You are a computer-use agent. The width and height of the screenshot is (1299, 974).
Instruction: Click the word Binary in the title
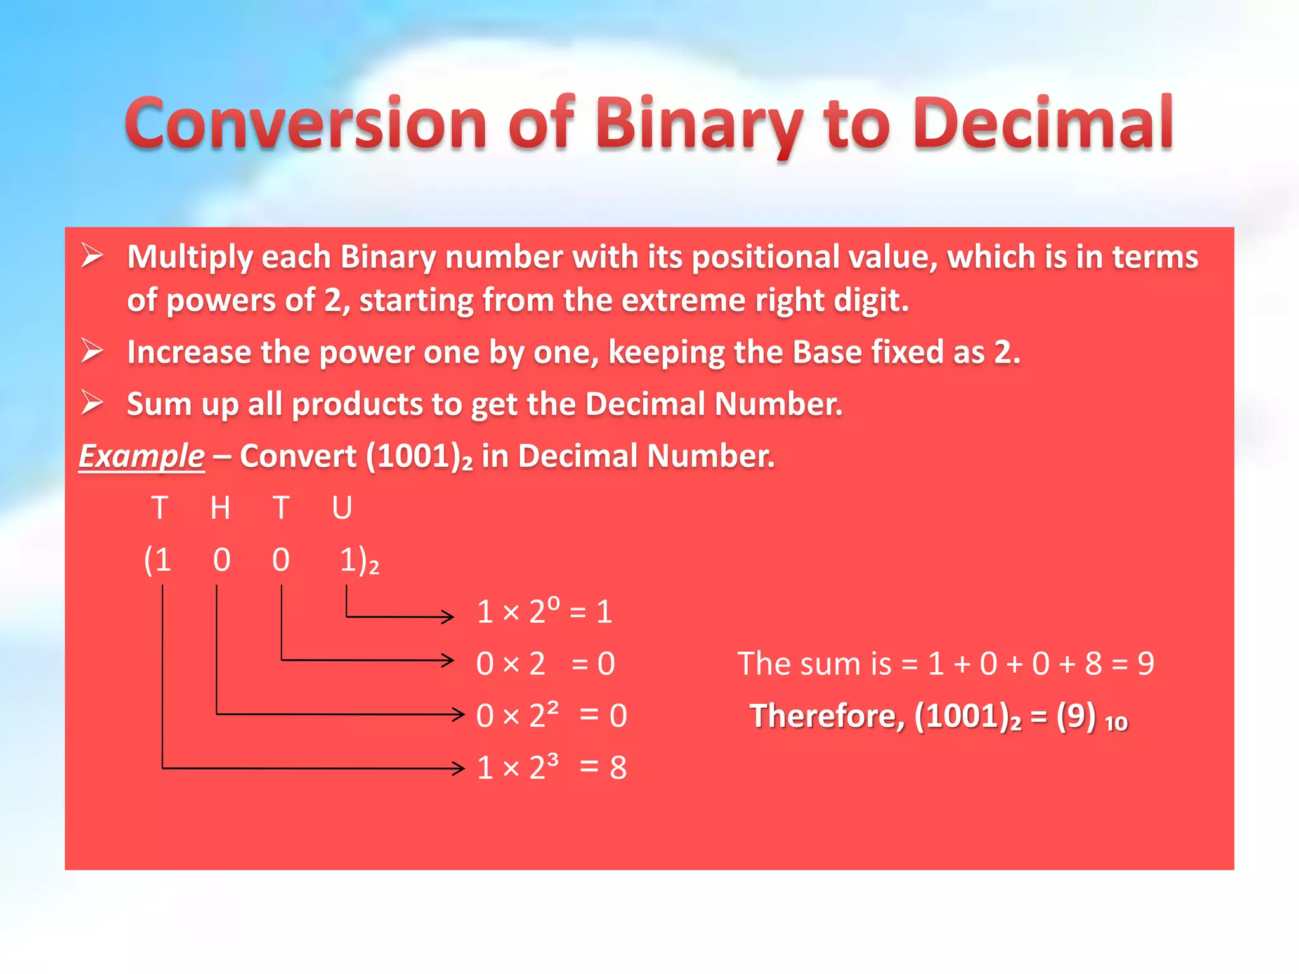[x=698, y=124]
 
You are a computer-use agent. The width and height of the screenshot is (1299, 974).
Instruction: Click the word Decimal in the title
[x=1043, y=124]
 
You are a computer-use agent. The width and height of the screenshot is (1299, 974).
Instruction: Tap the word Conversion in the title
[x=304, y=124]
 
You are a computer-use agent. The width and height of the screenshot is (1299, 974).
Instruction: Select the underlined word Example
[x=141, y=456]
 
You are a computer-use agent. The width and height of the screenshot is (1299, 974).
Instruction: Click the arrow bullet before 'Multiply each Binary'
[x=93, y=256]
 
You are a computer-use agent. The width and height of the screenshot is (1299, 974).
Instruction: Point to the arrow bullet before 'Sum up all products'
[x=93, y=403]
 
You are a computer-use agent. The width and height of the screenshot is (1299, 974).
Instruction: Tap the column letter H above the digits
[x=220, y=508]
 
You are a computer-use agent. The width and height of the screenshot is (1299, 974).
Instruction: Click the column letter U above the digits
[x=342, y=508]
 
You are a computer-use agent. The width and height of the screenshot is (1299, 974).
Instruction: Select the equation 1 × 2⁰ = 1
[x=544, y=612]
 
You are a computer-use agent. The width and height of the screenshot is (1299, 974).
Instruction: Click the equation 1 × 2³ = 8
[x=551, y=767]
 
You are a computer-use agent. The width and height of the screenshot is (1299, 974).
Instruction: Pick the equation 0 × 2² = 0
[x=551, y=715]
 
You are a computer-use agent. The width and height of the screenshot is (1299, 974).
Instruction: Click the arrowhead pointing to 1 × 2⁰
[x=448, y=616]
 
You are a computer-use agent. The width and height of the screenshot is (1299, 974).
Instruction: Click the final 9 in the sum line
[x=1146, y=664]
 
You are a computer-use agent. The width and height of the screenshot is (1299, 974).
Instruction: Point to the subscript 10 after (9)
[x=1116, y=724]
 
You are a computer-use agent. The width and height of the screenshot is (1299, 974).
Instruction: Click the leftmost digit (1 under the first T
[x=158, y=560]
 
